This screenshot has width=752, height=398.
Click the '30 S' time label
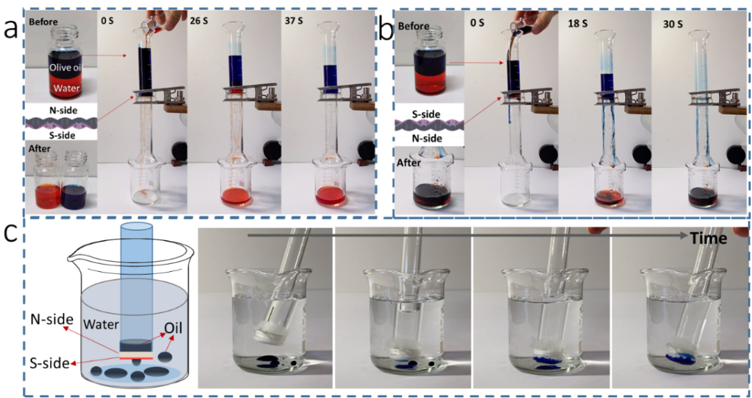coord(671,24)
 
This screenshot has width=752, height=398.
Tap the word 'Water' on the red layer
coord(67,89)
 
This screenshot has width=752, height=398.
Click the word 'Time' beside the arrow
coord(710,238)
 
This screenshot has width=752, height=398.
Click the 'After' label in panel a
coord(38,150)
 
